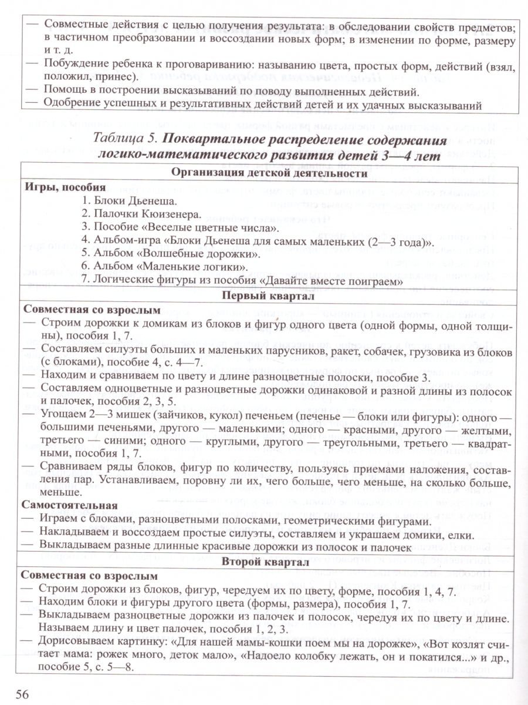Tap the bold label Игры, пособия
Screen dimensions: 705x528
tap(66, 187)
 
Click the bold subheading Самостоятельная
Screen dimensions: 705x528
tap(71, 505)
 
